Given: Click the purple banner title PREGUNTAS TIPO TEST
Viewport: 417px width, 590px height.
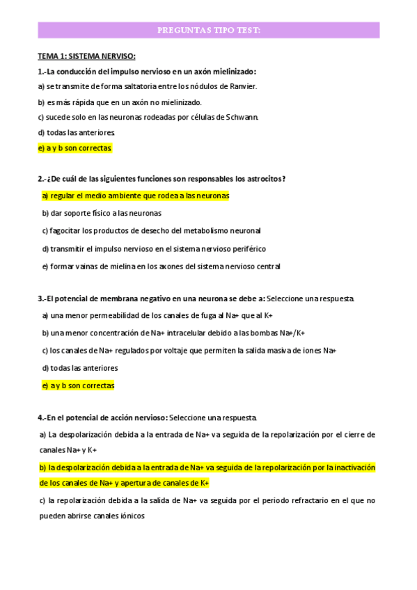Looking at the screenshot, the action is click(208, 31).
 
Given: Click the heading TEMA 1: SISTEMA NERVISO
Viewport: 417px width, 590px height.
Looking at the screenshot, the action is click(86, 56).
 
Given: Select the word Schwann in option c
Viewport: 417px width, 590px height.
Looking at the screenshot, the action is click(242, 117).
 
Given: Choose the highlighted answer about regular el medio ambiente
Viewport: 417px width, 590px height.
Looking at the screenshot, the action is click(136, 196).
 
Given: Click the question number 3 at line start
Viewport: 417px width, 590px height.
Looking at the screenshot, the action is click(40, 298).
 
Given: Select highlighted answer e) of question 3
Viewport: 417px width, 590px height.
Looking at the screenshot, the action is click(78, 385).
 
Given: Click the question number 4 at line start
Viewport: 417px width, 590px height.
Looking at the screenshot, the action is click(40, 417).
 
